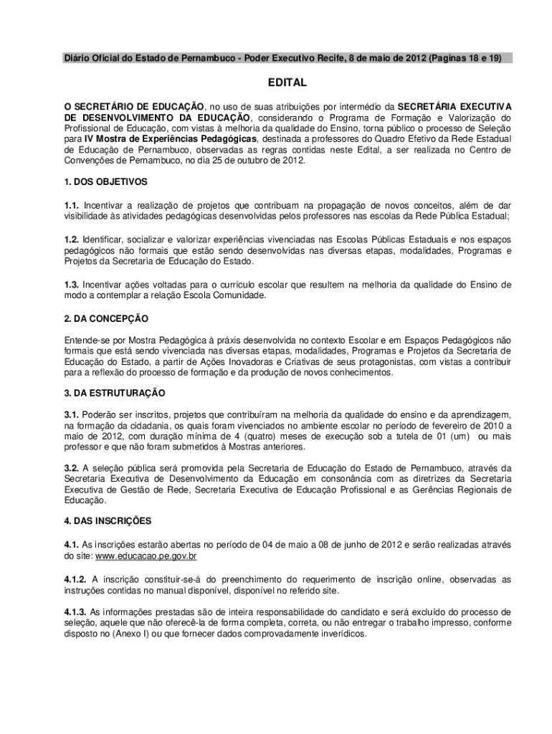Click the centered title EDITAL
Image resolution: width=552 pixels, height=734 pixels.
pos(287,82)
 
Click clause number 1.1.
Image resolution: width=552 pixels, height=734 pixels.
pos(72,204)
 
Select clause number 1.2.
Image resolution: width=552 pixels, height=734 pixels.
pos(72,239)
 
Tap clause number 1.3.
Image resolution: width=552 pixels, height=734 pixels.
pos(72,285)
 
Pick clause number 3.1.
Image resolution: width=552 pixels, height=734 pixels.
pos(72,414)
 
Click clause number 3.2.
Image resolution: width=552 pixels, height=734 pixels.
pos(72,467)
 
